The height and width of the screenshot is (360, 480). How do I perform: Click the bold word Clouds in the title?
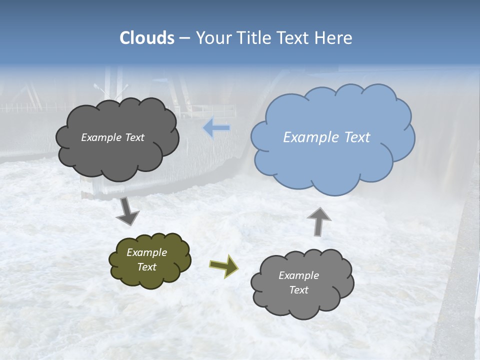click(147, 38)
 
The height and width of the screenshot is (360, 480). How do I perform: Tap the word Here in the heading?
click(332, 38)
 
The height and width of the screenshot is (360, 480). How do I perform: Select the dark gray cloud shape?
click(117, 160)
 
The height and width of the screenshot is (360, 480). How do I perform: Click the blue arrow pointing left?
click(217, 128)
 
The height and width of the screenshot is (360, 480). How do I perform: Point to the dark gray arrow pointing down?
click(127, 212)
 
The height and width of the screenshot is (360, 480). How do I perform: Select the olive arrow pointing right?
click(224, 266)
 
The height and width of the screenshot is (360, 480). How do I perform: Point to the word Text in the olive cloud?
click(147, 267)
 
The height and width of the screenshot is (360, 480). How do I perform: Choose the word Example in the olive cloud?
click(147, 252)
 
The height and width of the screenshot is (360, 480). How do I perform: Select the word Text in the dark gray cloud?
click(134, 137)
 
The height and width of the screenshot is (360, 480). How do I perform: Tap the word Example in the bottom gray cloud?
click(298, 275)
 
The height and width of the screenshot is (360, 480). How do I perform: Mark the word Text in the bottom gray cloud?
click(298, 290)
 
